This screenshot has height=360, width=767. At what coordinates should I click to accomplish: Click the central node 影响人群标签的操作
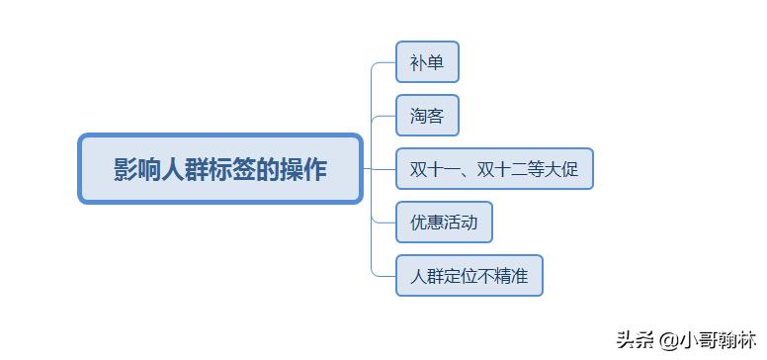[x=220, y=169]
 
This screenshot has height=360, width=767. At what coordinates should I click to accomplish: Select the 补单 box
[x=427, y=63]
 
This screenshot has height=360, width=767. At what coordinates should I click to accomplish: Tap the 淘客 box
[x=427, y=117]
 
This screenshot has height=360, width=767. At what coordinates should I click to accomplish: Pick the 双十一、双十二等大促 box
[x=494, y=169]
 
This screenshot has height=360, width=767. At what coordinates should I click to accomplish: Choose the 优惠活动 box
[x=444, y=222]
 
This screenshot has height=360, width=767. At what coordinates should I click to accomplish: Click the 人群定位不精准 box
[x=469, y=275]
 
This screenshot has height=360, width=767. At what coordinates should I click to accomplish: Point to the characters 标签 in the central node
[x=220, y=169]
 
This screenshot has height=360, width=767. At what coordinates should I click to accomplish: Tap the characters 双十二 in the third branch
[x=502, y=169]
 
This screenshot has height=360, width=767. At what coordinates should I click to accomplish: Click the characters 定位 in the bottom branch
[x=461, y=275]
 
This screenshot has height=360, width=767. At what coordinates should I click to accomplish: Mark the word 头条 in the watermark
[x=636, y=339]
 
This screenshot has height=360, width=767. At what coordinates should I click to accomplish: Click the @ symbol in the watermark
[x=666, y=339]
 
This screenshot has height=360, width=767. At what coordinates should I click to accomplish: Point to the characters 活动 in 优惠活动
[x=461, y=222]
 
